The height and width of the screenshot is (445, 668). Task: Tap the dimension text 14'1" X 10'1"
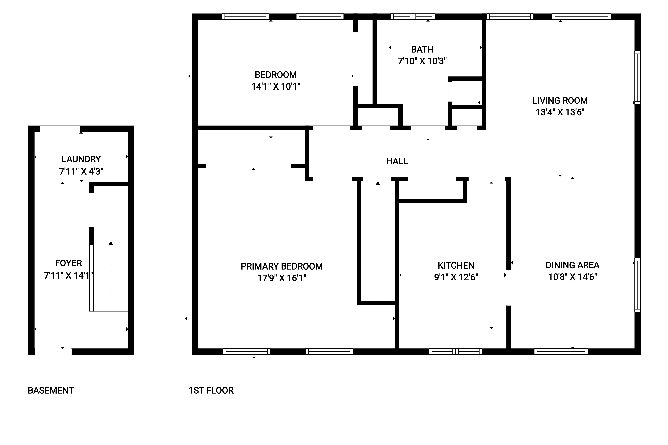click(276, 86)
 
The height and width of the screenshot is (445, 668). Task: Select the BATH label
click(422, 49)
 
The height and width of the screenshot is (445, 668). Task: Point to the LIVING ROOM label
click(560, 101)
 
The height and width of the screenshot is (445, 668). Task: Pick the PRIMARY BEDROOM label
click(282, 266)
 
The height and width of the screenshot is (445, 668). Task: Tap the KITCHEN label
click(456, 265)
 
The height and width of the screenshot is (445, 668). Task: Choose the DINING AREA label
click(572, 265)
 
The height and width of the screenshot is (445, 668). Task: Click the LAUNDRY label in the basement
click(81, 159)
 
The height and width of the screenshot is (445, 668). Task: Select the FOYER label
click(68, 263)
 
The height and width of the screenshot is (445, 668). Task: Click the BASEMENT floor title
click(51, 391)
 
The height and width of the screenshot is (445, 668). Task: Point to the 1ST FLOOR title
click(211, 391)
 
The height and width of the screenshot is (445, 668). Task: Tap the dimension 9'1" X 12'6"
click(456, 277)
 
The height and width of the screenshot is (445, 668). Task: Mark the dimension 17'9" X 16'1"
click(282, 278)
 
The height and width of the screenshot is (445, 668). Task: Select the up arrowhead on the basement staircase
click(111, 243)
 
